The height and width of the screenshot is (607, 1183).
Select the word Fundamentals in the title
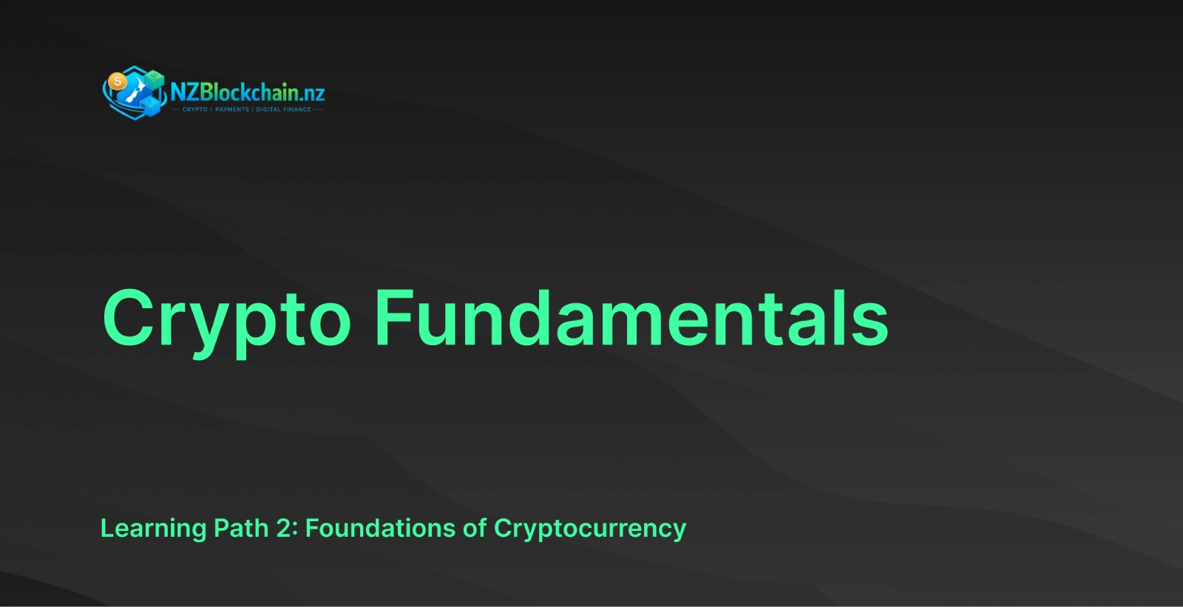[631, 318]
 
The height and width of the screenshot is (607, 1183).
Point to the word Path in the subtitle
[241, 528]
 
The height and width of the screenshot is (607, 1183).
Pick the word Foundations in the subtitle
[380, 528]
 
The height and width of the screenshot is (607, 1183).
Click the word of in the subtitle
[475, 528]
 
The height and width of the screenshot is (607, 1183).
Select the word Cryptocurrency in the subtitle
[590, 529]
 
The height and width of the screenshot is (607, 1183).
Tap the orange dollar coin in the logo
[118, 82]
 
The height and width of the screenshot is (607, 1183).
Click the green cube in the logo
[155, 79]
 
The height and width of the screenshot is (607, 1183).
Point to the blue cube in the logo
[151, 106]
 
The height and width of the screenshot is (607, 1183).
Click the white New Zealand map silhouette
[135, 90]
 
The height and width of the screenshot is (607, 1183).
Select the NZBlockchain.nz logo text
[248, 92]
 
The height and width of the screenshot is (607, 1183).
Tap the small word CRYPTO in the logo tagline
[195, 109]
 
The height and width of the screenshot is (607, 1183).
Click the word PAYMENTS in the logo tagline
[232, 109]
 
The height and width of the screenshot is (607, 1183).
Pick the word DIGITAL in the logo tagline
[268, 109]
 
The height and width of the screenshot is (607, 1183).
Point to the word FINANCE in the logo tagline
[297, 109]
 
